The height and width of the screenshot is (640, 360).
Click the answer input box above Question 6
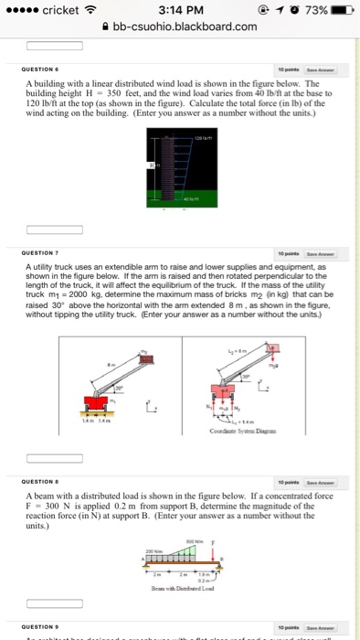click(44, 45)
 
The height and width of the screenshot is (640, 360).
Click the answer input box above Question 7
click(44, 240)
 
